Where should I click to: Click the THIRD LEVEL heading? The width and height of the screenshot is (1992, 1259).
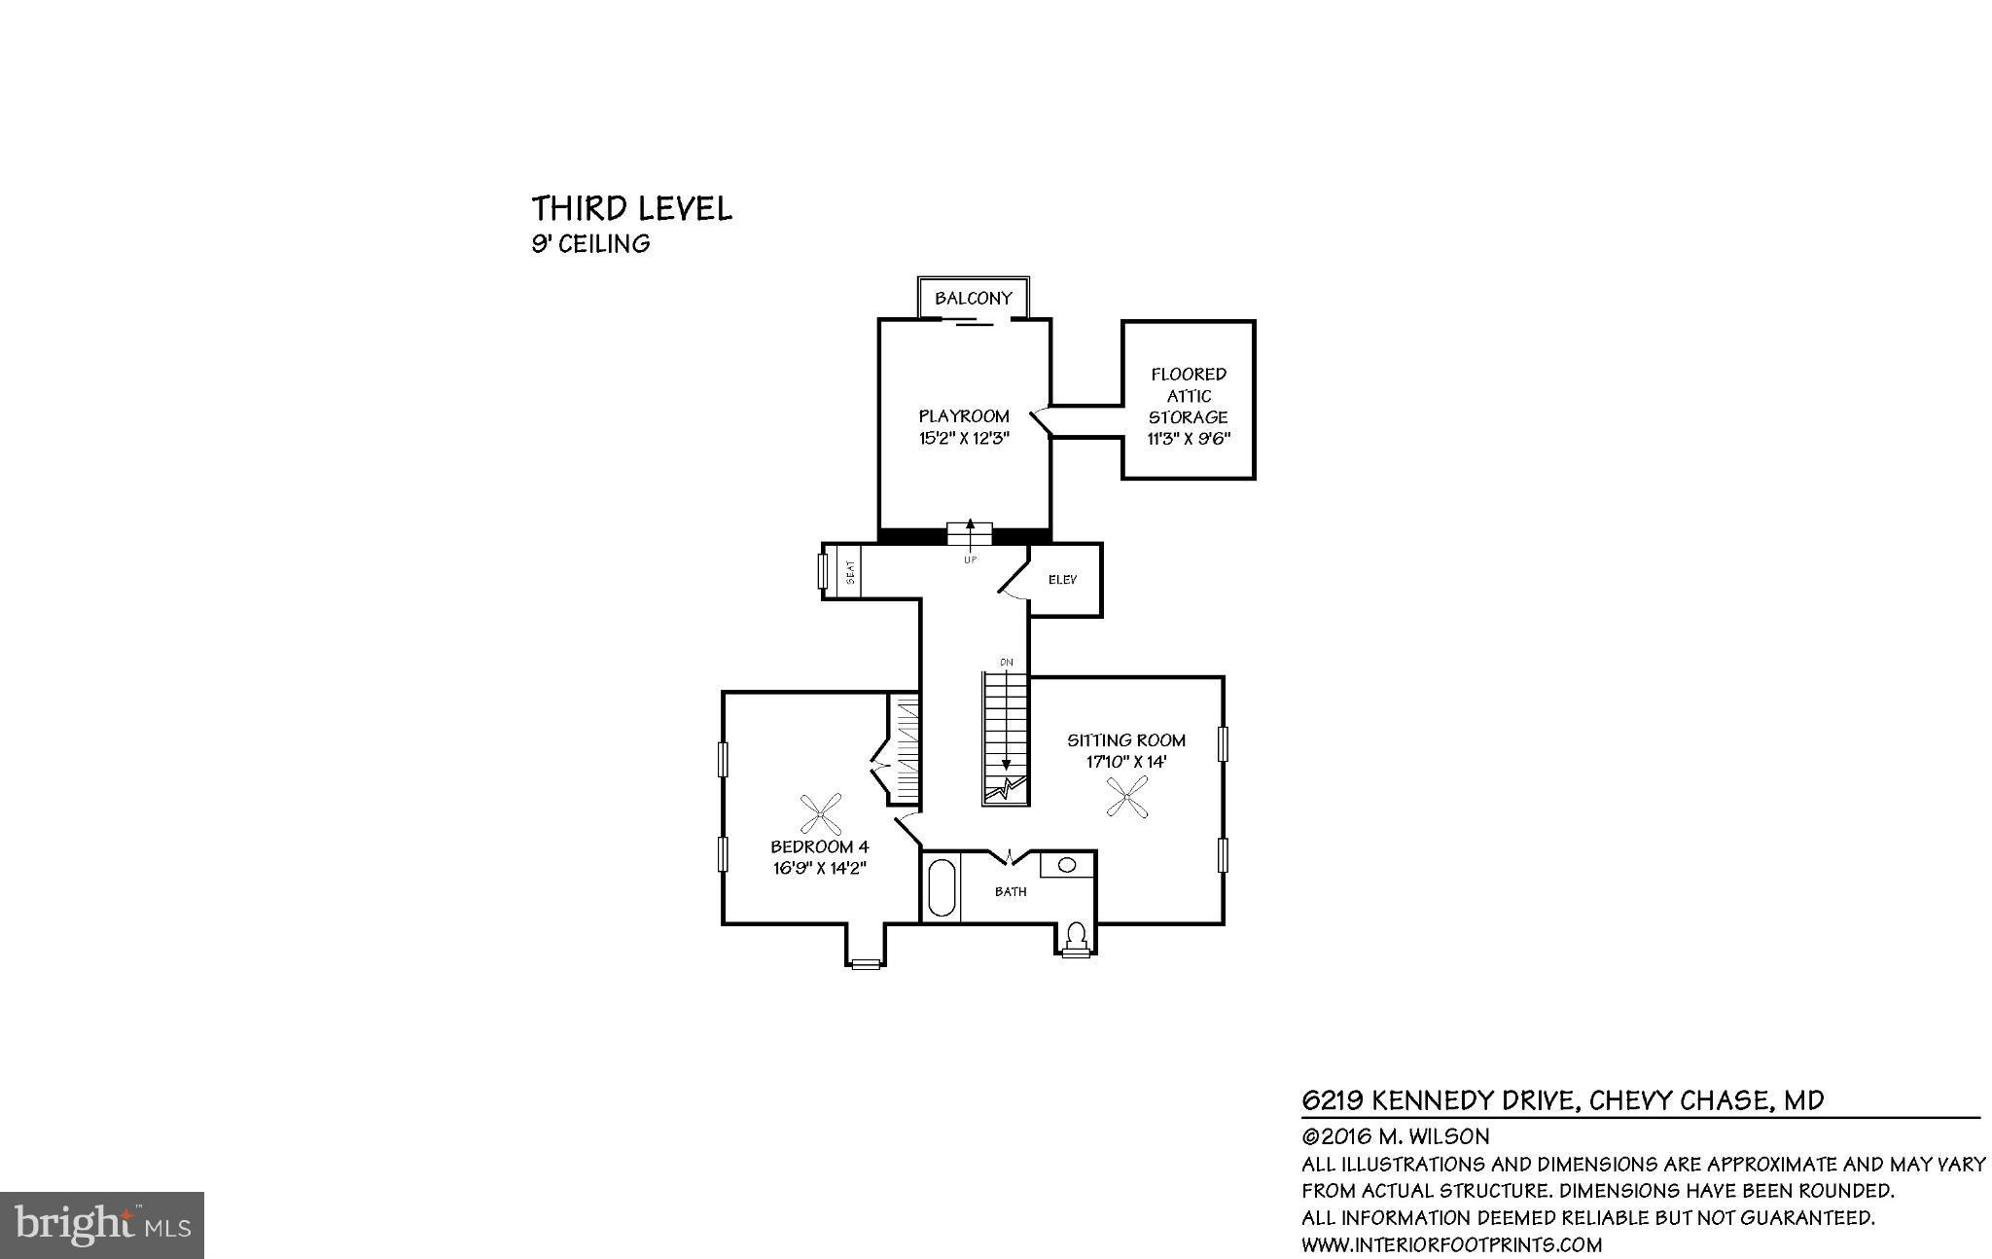coord(631,208)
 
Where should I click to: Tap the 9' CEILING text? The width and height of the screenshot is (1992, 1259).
coord(589,243)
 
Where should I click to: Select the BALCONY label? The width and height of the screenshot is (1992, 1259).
coord(973,298)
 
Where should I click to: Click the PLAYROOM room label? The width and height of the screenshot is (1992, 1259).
coord(964,415)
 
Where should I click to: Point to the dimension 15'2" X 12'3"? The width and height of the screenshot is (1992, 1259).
coord(964,438)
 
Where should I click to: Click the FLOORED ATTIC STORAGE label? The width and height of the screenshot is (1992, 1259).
coord(1188,396)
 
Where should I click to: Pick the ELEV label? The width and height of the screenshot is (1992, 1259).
coord(1062,580)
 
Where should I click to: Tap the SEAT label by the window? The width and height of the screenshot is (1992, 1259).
coord(849,571)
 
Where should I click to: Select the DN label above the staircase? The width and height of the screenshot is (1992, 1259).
coord(1006,663)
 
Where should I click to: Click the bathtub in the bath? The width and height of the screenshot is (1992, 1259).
coord(941,886)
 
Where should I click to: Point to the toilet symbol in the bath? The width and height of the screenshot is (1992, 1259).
coord(1076,936)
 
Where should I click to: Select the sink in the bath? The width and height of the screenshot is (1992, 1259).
coord(1067,864)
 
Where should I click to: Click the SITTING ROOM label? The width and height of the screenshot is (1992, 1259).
coord(1125,740)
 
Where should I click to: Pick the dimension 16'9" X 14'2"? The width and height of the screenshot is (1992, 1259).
coord(819,868)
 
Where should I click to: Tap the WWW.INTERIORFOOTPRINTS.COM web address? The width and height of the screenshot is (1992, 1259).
coord(1451,1244)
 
